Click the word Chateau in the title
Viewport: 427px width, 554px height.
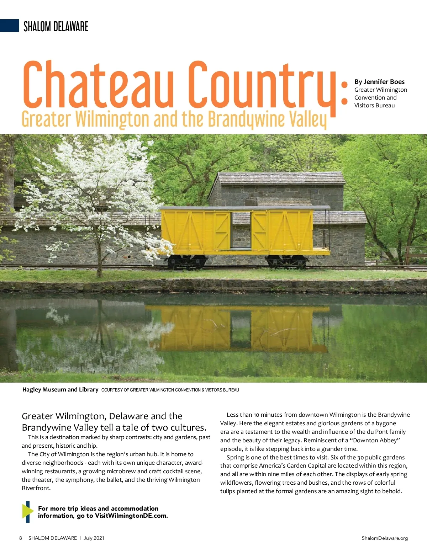pyautogui.click(x=98, y=85)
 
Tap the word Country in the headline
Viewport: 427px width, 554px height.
pyautogui.click(x=262, y=85)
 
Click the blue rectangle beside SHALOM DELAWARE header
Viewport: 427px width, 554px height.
pyautogui.click(x=10, y=26)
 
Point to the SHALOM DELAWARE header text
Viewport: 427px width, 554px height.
pyautogui.click(x=56, y=27)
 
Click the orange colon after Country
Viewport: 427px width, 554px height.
pyautogui.click(x=344, y=93)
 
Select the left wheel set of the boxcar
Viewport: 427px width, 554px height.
pyautogui.click(x=187, y=262)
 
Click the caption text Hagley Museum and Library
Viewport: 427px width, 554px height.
pyautogui.click(x=60, y=390)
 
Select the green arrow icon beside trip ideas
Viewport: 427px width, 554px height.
pyautogui.click(x=27, y=512)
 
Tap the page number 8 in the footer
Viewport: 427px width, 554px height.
pyautogui.click(x=21, y=538)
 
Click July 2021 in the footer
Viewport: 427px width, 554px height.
pyautogui.click(x=94, y=538)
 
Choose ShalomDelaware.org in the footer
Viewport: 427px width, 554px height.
pyautogui.click(x=385, y=538)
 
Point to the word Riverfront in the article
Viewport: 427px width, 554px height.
pyautogui.click(x=36, y=488)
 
